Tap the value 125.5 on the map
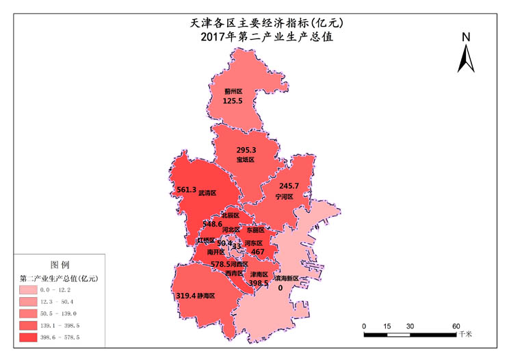click(x=233, y=101)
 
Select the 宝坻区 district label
click(x=246, y=159)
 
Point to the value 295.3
click(x=246, y=150)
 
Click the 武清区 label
click(x=207, y=194)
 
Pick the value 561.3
click(x=187, y=190)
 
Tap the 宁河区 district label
click(x=284, y=196)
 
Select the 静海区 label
click(x=206, y=296)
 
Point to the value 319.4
click(x=185, y=296)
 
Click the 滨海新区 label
click(x=287, y=279)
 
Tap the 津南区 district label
click(x=259, y=274)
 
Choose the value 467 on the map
click(x=258, y=252)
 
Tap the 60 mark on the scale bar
click(x=455, y=325)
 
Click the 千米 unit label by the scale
click(x=465, y=334)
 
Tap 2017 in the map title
click(x=216, y=38)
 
